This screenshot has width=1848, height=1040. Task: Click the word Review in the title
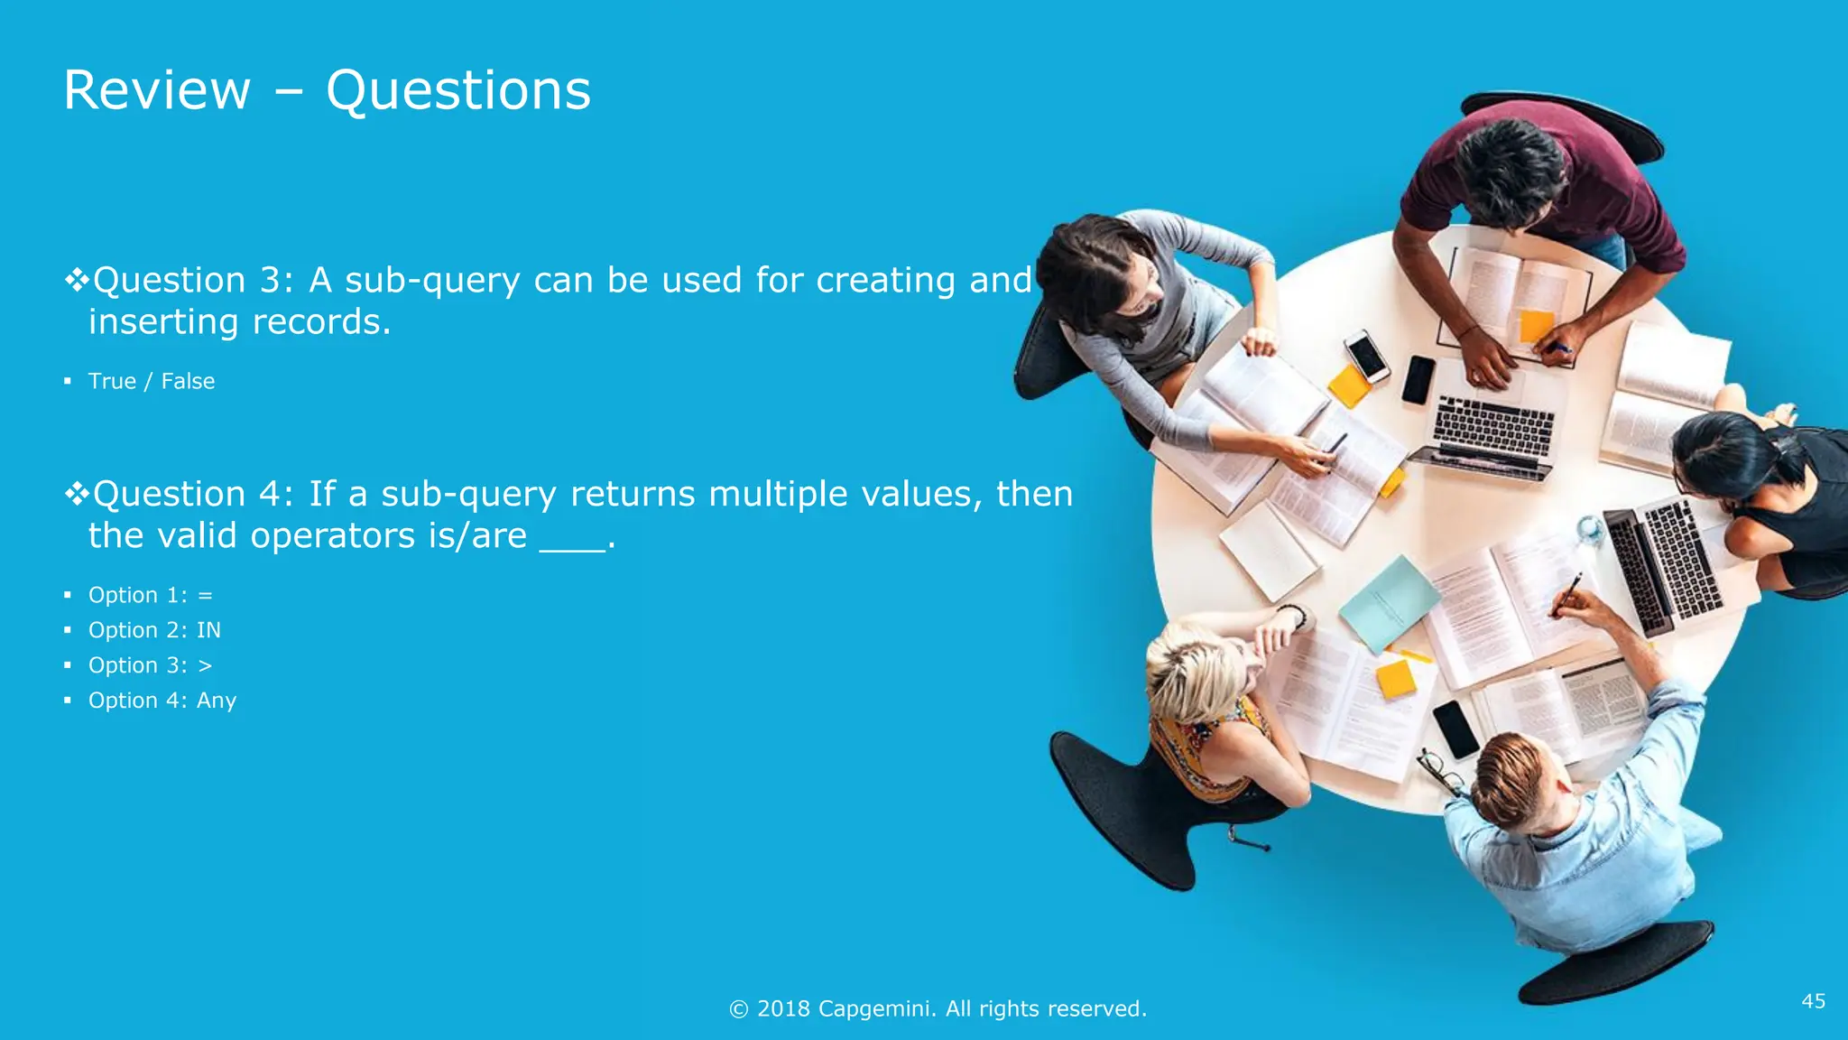[x=157, y=90]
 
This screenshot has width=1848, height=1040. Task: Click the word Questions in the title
[x=457, y=92]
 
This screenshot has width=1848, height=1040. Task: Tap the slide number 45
[x=1813, y=1000]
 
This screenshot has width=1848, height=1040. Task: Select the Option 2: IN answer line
[x=154, y=630]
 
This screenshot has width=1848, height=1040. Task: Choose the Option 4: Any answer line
[x=162, y=701]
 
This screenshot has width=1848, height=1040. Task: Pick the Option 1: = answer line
[x=150, y=595]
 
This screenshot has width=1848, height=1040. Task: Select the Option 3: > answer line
[x=150, y=665]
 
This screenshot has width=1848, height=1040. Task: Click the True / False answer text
[x=152, y=381]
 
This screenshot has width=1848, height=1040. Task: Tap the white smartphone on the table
[x=1366, y=355]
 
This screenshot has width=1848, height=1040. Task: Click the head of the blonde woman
[x=1196, y=673]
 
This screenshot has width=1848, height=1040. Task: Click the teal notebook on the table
[x=1389, y=602]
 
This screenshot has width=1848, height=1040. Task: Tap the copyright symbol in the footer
[x=738, y=1009]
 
